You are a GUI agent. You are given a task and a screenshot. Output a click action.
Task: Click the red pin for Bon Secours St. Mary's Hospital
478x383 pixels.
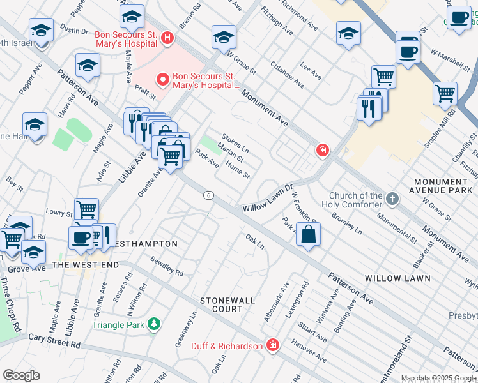pyautogui.click(x=162, y=80)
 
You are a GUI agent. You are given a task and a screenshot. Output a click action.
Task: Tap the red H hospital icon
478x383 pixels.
pyautogui.click(x=167, y=38)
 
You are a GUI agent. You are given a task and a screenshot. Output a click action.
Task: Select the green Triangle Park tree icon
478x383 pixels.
pyautogui.click(x=153, y=324)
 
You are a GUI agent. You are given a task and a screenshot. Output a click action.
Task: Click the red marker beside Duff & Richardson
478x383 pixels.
pyautogui.click(x=273, y=345)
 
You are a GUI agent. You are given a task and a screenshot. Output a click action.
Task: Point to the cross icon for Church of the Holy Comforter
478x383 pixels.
pyautogui.click(x=393, y=200)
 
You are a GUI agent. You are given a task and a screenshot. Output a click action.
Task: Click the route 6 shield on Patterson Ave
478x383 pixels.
pyautogui.click(x=208, y=195)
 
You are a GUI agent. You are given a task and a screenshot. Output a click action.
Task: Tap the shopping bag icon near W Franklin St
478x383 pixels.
pyautogui.click(x=308, y=234)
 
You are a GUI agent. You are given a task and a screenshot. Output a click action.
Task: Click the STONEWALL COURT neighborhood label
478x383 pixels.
pyautogui.click(x=227, y=304)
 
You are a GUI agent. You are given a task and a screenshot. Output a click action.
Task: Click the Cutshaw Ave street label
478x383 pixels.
pyautogui.click(x=287, y=75)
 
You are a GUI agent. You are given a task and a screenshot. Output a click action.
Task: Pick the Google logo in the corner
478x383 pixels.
pyautogui.click(x=21, y=375)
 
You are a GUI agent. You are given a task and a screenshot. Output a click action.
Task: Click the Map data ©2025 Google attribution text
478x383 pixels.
pyautogui.click(x=438, y=378)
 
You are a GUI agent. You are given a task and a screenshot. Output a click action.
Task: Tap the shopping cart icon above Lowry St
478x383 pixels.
pyautogui.click(x=86, y=208)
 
